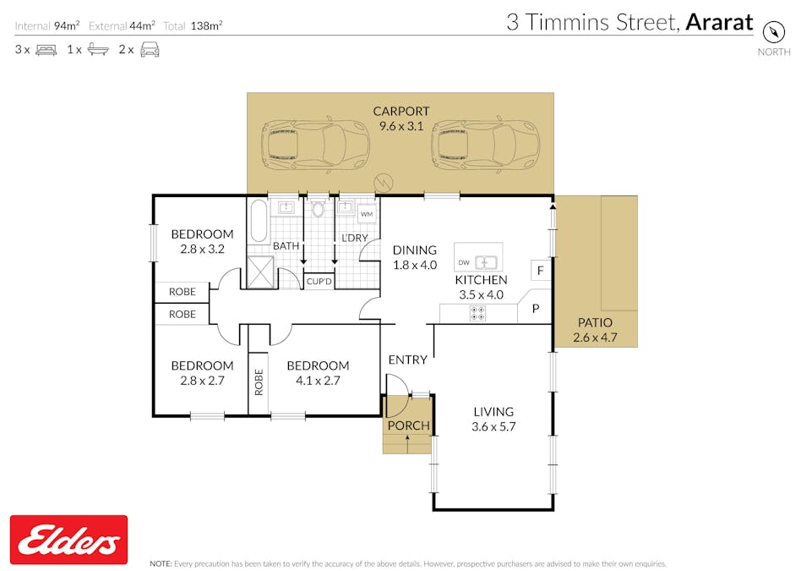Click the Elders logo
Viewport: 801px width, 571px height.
click(x=68, y=540)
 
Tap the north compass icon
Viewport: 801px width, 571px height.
click(x=774, y=31)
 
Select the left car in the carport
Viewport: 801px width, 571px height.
click(x=303, y=144)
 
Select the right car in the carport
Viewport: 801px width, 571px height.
click(x=485, y=144)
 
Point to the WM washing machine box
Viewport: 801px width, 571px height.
click(x=367, y=215)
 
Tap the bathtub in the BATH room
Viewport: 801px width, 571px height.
click(x=259, y=221)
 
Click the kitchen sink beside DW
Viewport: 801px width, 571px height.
click(x=488, y=262)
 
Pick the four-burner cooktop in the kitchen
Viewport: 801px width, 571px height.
click(x=477, y=313)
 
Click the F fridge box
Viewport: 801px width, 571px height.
click(x=539, y=272)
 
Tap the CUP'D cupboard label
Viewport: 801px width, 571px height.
click(x=319, y=281)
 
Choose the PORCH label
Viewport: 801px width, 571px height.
click(x=408, y=425)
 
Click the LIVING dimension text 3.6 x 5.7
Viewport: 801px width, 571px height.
click(x=493, y=427)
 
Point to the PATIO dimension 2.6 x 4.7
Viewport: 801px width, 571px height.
click(x=595, y=337)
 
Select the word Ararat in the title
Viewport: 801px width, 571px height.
click(x=718, y=22)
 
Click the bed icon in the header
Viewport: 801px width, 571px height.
click(x=46, y=50)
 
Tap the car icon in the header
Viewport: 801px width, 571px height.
click(x=150, y=50)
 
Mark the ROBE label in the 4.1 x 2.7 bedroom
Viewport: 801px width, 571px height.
click(x=259, y=382)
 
